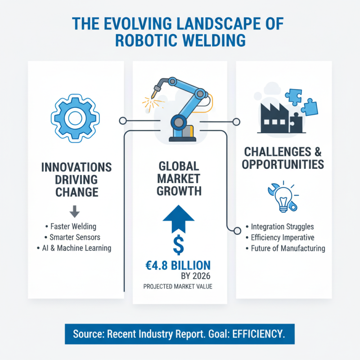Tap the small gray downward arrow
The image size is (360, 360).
click(76, 210)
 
